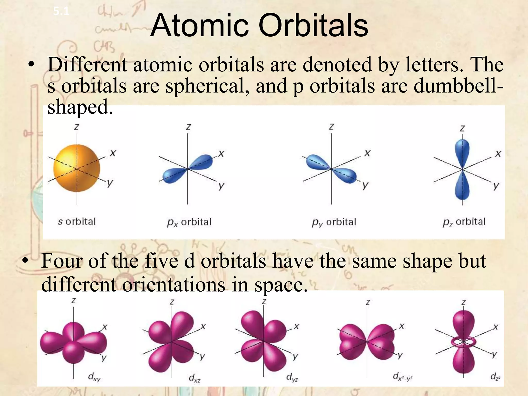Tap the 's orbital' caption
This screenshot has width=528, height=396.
(x=77, y=221)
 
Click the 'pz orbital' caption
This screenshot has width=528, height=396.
(x=464, y=222)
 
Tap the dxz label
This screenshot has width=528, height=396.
(x=194, y=378)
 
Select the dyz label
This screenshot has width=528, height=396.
(x=292, y=378)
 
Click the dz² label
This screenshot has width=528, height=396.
(x=495, y=377)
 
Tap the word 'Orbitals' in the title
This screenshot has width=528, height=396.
(x=313, y=26)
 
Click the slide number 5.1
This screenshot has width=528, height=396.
(x=61, y=12)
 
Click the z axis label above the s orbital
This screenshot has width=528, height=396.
(x=76, y=127)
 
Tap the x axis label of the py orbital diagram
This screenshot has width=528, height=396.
(x=367, y=153)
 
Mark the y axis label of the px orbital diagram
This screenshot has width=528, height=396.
(x=221, y=186)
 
